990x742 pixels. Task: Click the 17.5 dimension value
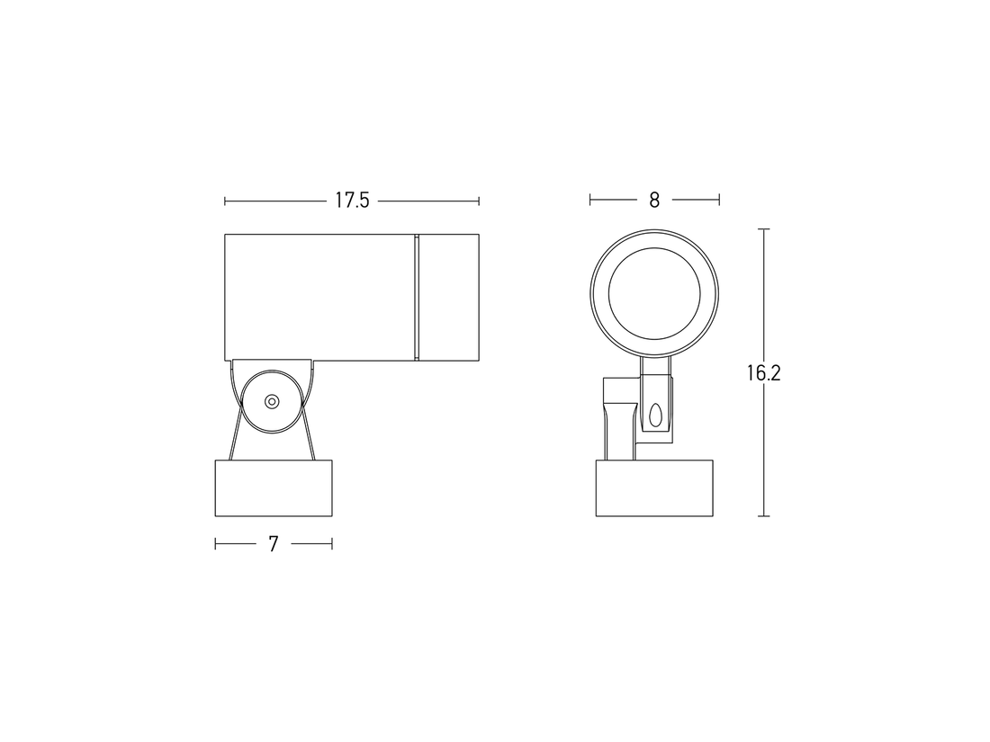(x=352, y=201)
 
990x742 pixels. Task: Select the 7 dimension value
(x=274, y=543)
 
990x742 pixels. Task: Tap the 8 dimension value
(x=654, y=201)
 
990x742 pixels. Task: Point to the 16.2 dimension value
(x=763, y=373)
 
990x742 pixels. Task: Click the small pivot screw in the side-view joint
(x=271, y=401)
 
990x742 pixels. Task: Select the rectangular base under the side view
(x=274, y=488)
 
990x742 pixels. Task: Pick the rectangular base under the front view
(x=654, y=488)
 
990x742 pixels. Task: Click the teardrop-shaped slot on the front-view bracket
(x=655, y=415)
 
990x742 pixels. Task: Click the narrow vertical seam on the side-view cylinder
(x=416, y=297)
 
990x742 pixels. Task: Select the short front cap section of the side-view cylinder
(x=448, y=297)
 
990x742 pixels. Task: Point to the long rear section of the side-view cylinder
(x=319, y=297)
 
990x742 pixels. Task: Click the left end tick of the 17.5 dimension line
(x=225, y=201)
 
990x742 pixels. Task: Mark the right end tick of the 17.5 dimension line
(x=479, y=201)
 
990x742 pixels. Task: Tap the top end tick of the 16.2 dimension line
(x=764, y=230)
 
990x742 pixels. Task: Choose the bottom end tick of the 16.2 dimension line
(x=764, y=515)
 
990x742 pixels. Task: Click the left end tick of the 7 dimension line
(x=216, y=543)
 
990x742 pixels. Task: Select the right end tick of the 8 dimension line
(x=718, y=200)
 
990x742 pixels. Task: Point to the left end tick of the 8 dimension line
(x=590, y=200)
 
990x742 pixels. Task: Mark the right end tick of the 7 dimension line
(x=332, y=543)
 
